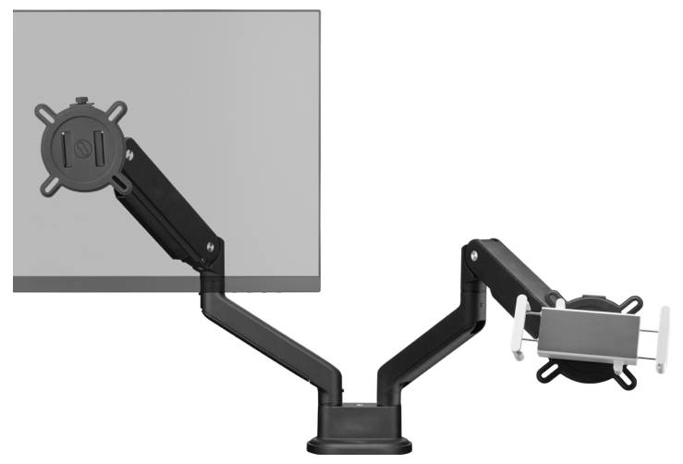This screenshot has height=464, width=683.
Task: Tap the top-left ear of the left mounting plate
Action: coord(43,113)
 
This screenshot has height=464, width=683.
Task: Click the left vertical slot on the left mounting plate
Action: coord(64,149)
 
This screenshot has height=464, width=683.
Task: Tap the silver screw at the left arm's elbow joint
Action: coord(212,247)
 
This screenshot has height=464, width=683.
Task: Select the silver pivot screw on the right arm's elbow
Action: coord(473,250)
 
